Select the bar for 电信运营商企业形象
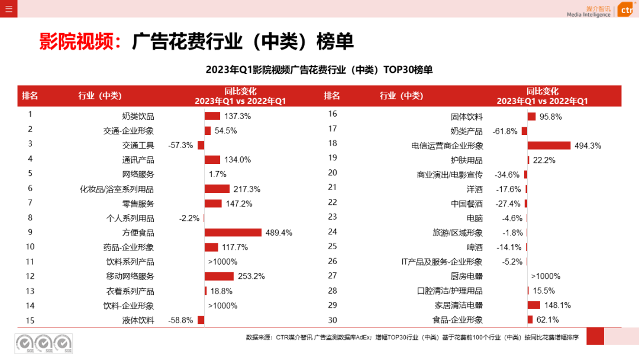pyautogui.click(x=548, y=146)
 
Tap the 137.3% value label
pyautogui.click(x=237, y=117)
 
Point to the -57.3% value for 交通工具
pyautogui.click(x=180, y=146)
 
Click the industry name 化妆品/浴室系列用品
pyautogui.click(x=117, y=189)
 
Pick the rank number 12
pyautogui.click(x=30, y=277)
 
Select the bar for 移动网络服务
pyautogui.click(x=219, y=277)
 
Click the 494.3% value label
pyautogui.click(x=588, y=146)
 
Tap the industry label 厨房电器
pyautogui.click(x=467, y=277)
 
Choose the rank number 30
pyautogui.click(x=333, y=320)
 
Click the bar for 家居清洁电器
pyautogui.click(x=534, y=306)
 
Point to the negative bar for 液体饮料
pyautogui.click(x=201, y=320)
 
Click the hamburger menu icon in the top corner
pyautogui.click(x=9, y=9)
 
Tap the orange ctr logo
pyautogui.click(x=625, y=10)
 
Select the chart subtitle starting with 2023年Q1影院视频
pyautogui.click(x=319, y=70)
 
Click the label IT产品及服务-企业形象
pyautogui.click(x=442, y=262)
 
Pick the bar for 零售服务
pyautogui.click(x=212, y=204)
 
